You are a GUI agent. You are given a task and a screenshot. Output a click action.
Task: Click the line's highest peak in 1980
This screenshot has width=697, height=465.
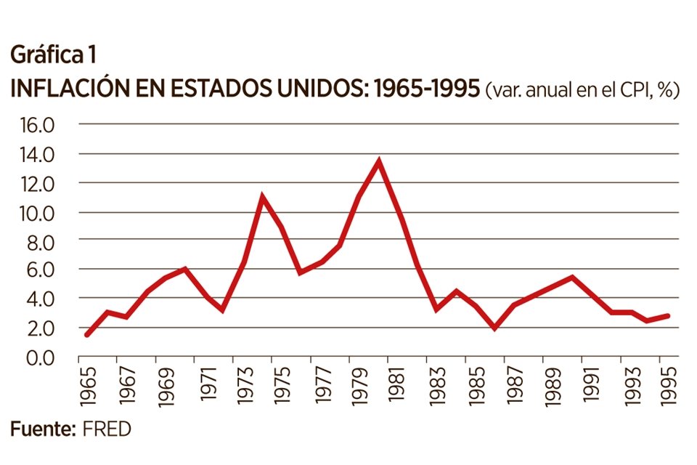(378, 161)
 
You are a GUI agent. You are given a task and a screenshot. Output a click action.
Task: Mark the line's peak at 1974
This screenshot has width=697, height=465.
(262, 196)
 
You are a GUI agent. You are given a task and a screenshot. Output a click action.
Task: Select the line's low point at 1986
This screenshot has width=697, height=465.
(494, 328)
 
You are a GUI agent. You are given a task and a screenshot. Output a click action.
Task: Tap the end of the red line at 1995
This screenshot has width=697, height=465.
(667, 316)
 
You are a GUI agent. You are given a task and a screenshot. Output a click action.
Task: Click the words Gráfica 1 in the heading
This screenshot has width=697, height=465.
(52, 55)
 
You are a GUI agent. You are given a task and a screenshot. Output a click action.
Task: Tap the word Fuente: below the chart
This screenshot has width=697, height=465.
(43, 429)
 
